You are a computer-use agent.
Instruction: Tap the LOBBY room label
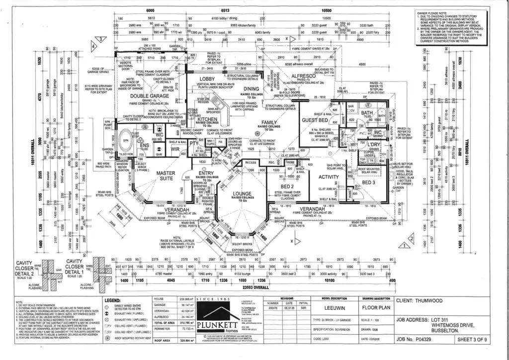(x=207, y=79)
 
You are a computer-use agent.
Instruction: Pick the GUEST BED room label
(x=315, y=121)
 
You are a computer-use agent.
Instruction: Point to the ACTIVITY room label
(x=329, y=177)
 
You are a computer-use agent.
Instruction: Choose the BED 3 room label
(x=369, y=182)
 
